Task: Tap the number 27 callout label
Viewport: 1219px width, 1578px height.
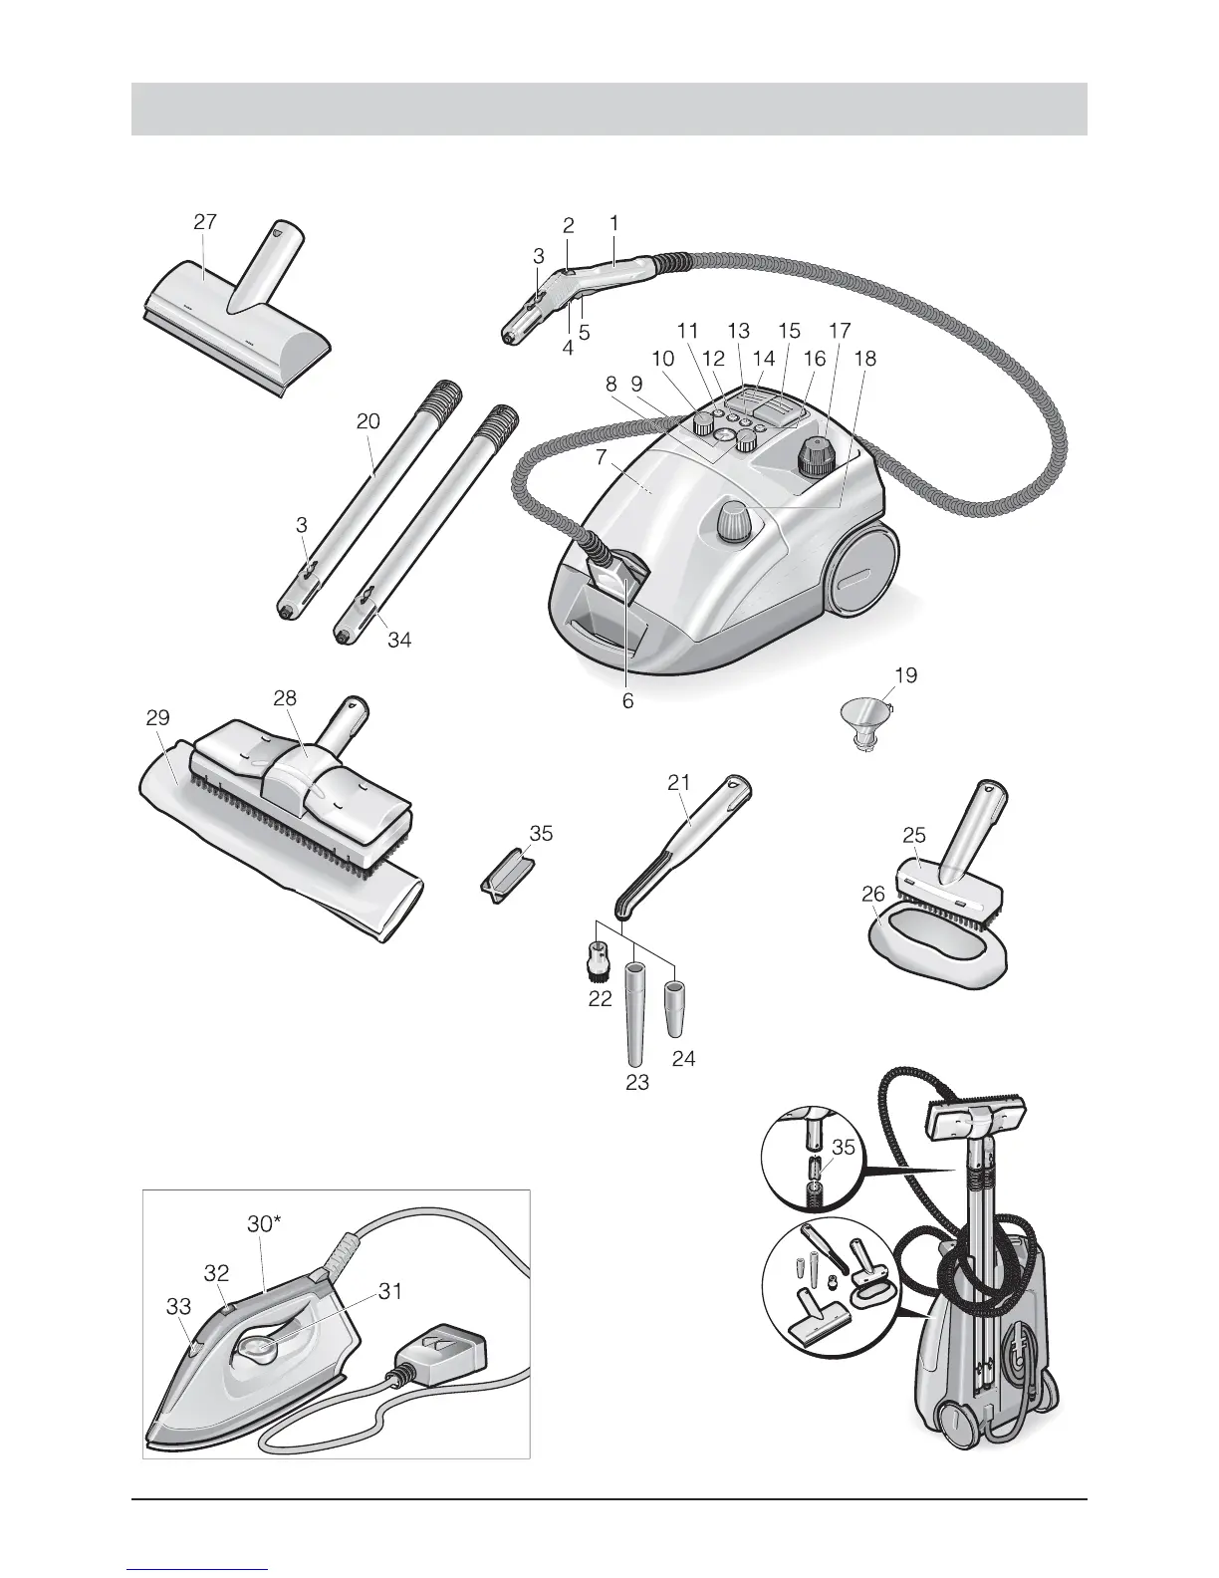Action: (205, 222)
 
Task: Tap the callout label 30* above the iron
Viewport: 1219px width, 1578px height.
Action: (264, 1224)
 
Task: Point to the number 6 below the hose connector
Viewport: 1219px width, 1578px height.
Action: (627, 700)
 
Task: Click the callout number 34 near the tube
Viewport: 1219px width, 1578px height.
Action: (398, 640)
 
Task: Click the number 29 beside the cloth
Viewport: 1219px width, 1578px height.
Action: (157, 717)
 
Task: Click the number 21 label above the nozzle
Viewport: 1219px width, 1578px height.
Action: (679, 782)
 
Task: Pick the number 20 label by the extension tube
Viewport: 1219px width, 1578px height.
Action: (368, 421)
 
